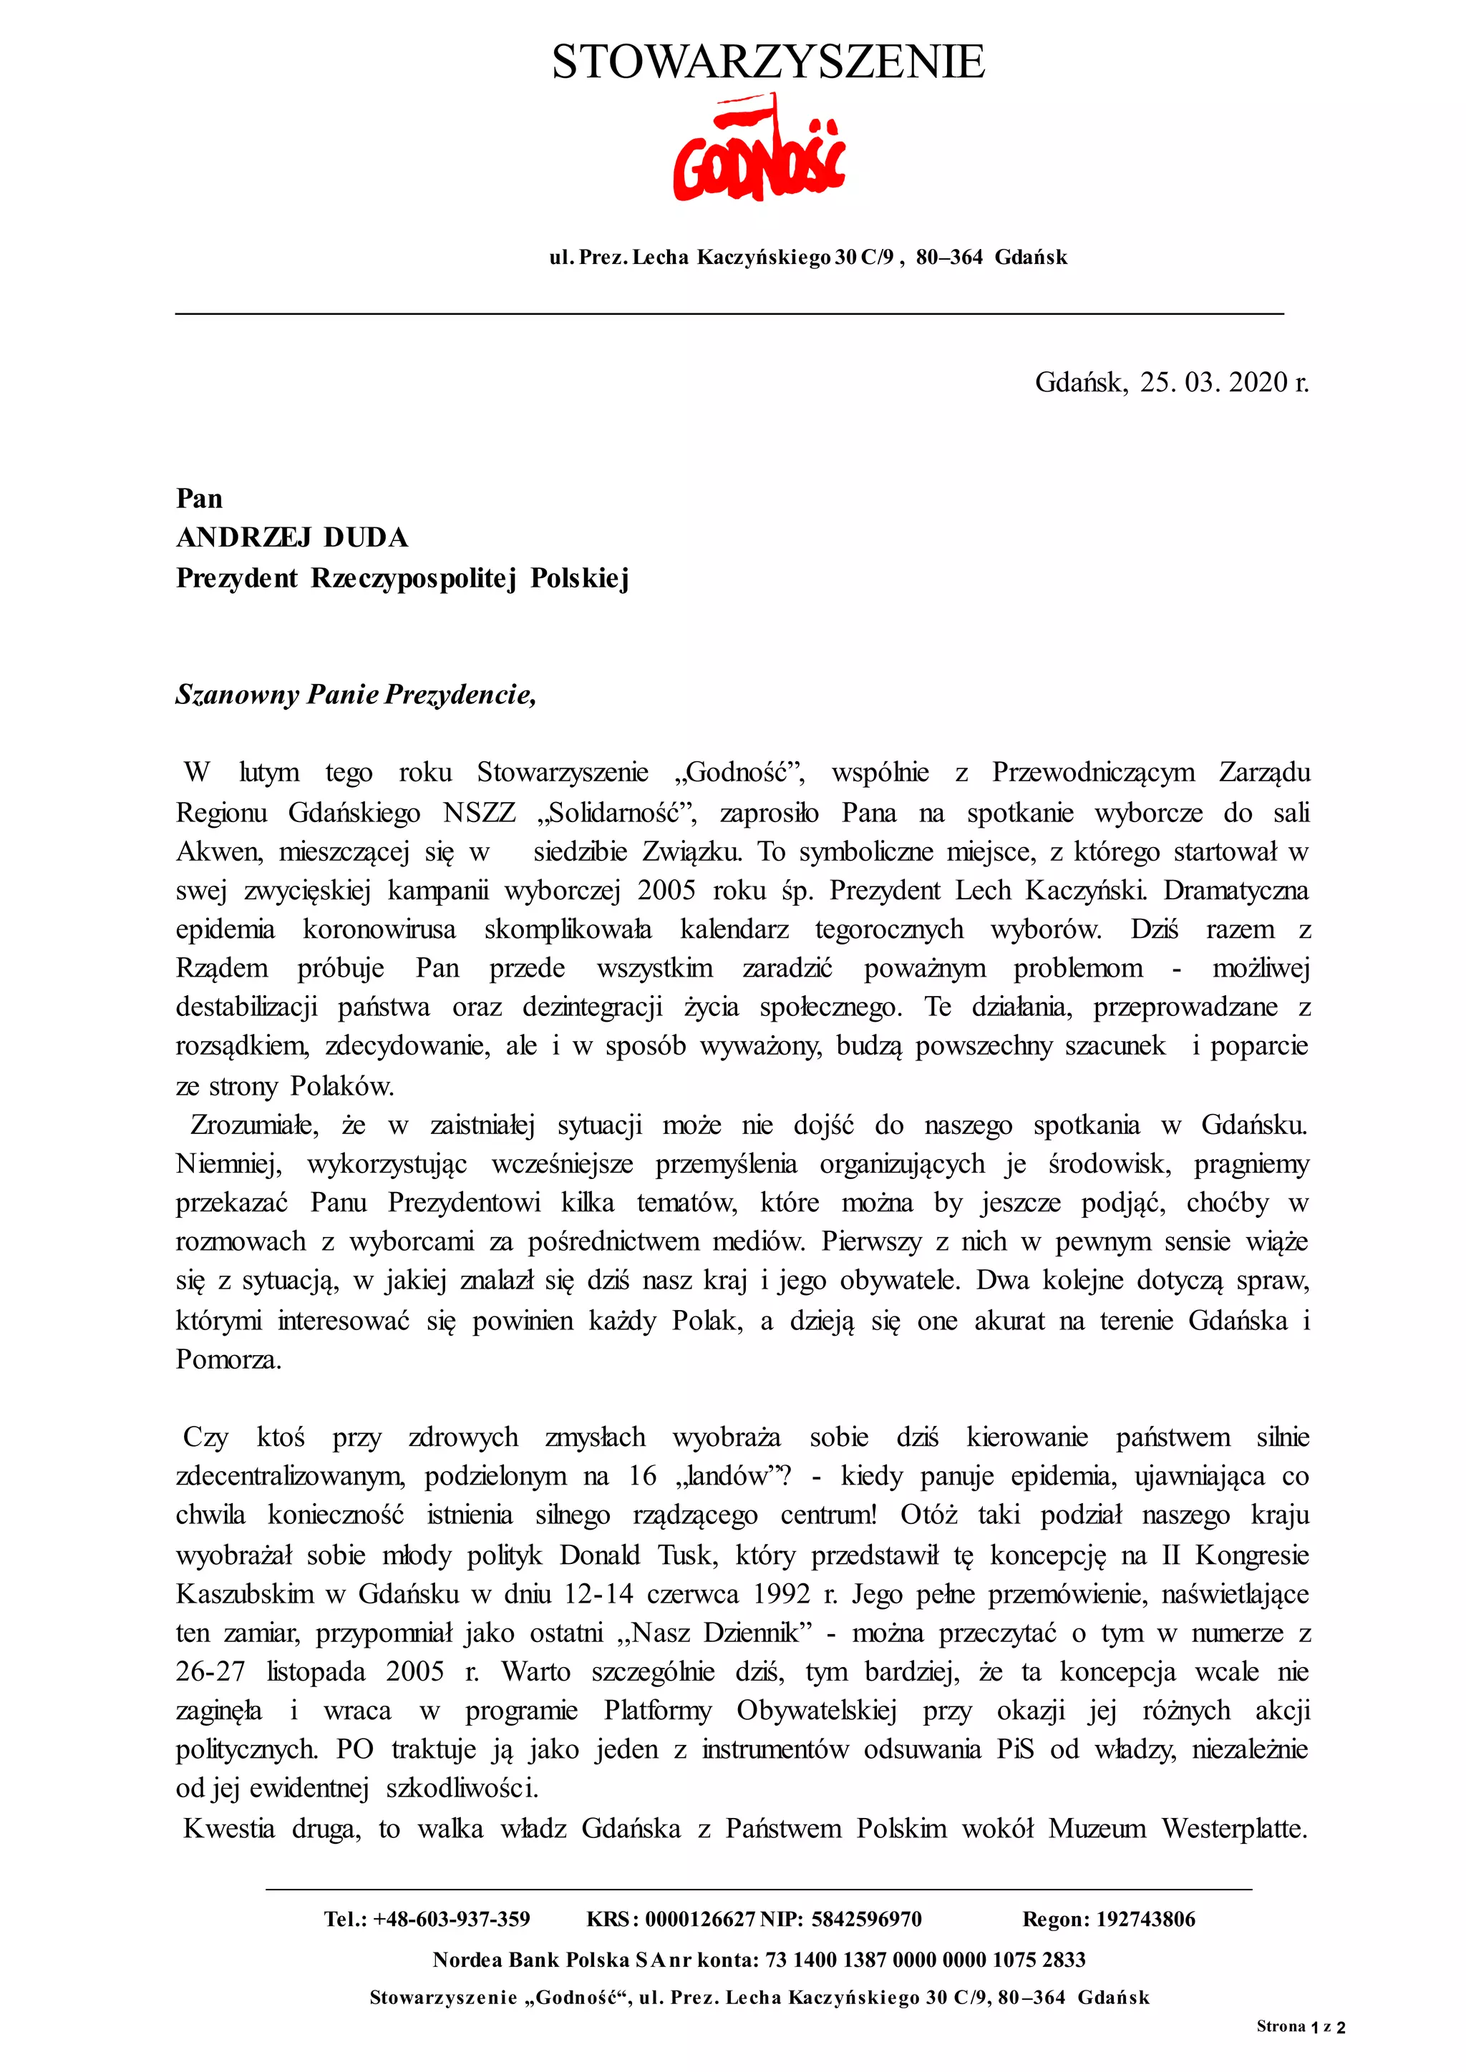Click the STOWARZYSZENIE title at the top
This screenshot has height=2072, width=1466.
tap(768, 62)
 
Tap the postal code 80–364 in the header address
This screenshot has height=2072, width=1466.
tap(948, 257)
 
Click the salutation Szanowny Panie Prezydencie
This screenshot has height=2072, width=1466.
tap(356, 694)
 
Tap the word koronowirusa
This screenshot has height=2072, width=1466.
tap(379, 929)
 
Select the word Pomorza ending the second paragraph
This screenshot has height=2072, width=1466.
tap(228, 1359)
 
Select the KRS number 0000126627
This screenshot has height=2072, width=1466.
tap(699, 1920)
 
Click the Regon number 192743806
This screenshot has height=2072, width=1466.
tap(1145, 1920)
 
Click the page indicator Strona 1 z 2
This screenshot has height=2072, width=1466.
tap(1301, 2027)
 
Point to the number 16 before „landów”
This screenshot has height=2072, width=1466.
tap(642, 1477)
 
